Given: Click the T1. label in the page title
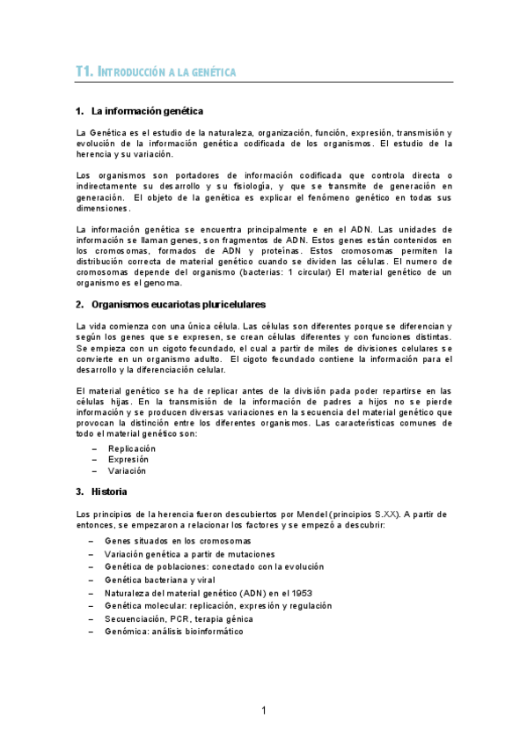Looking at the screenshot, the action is point(85,72).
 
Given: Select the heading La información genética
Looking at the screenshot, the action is point(147,111).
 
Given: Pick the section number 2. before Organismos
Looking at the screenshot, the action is point(80,304).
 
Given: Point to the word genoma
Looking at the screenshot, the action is point(164,283).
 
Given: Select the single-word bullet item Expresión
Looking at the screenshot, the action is point(128,459).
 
